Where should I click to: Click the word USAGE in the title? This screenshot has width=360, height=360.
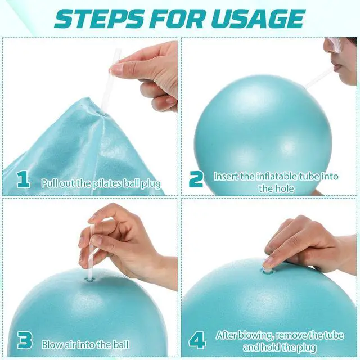tap(257, 19)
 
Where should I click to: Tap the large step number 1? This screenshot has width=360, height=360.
tap(23, 180)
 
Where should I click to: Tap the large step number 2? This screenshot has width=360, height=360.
tap(196, 179)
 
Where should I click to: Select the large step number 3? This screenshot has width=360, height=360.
tap(25, 340)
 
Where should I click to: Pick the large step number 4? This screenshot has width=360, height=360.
tap(197, 340)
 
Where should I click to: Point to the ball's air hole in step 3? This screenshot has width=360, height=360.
tap(90, 280)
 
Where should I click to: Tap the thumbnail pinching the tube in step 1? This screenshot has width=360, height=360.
tap(117, 69)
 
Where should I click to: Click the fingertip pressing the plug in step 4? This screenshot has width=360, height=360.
tap(268, 263)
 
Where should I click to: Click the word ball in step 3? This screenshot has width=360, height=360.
tap(120, 345)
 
